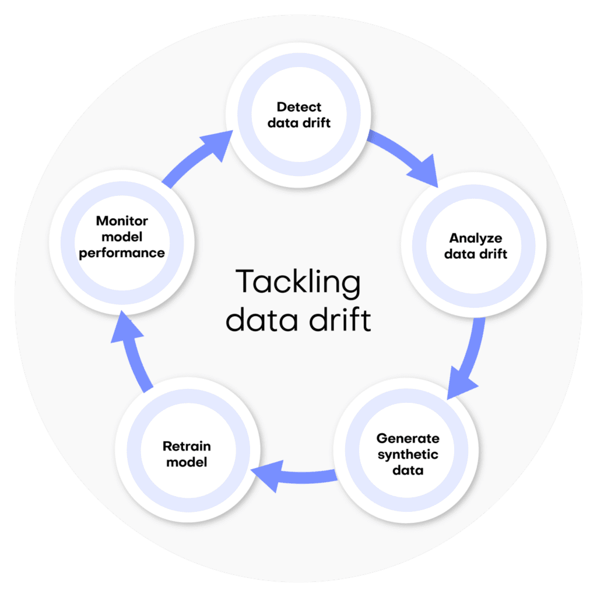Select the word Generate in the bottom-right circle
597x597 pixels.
click(x=408, y=438)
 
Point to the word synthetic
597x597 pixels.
click(x=408, y=454)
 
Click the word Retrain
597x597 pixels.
click(x=187, y=447)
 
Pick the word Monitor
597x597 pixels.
click(x=122, y=221)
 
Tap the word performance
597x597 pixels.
click(x=122, y=254)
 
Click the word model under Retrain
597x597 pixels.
click(x=187, y=462)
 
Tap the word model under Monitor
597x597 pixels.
click(x=122, y=237)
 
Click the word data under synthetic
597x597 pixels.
click(x=408, y=470)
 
